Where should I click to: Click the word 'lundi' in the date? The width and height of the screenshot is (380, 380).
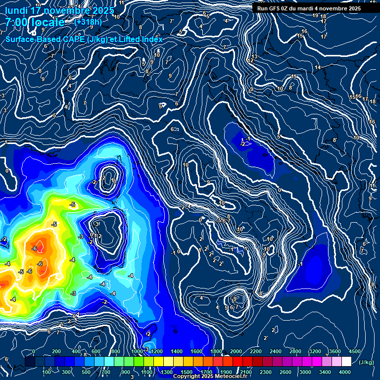16,10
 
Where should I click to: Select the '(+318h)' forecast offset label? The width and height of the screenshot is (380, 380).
88,22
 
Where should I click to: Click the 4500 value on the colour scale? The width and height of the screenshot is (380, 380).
354,351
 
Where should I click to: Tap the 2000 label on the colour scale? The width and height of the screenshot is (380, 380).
236,351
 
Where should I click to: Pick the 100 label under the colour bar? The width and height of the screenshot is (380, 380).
47,372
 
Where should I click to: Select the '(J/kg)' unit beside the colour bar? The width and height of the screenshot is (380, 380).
366,363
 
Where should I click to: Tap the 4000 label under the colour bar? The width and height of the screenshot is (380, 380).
345,372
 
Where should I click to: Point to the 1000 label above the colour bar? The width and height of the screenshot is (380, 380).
137,351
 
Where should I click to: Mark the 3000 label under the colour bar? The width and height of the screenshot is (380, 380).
305,372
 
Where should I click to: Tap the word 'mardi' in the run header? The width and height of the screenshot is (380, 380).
306,8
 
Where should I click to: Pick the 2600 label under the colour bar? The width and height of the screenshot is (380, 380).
285,372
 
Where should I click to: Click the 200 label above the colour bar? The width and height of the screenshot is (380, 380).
57,351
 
